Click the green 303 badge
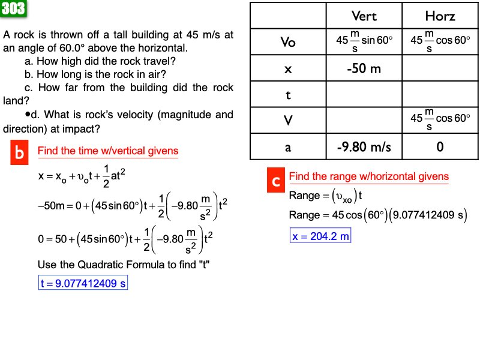[13, 8]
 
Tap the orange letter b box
[20, 154]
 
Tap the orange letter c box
[275, 181]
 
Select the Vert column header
[364, 16]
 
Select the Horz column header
[440, 16]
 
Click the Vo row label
[288, 42]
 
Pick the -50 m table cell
[364, 68]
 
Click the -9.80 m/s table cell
[364, 146]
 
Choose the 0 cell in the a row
[440, 146]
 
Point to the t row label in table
[288, 94]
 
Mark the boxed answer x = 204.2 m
[320, 236]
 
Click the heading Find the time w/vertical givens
[108, 151]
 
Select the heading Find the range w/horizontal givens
[368, 176]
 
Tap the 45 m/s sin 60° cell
[364, 42]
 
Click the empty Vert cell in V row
[364, 121]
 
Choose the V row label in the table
[288, 121]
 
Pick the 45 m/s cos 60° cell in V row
[440, 121]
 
